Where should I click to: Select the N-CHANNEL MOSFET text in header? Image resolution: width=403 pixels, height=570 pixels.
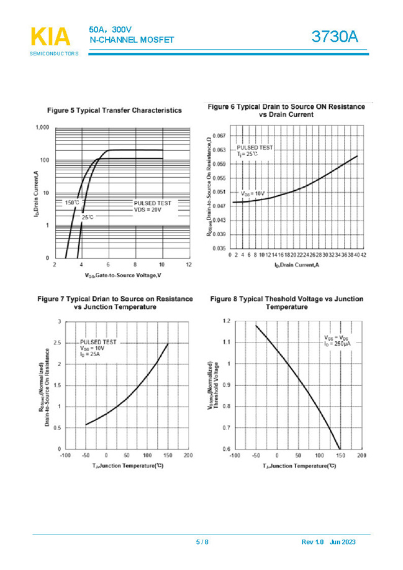click(132, 40)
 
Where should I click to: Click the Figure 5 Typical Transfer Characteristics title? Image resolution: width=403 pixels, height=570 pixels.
click(114, 110)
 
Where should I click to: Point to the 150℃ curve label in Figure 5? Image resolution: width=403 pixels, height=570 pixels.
click(71, 203)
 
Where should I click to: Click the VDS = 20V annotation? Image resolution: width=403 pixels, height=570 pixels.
click(148, 210)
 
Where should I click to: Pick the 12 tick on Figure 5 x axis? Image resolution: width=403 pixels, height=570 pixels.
click(189, 265)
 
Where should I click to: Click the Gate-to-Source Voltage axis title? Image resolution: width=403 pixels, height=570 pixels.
click(123, 275)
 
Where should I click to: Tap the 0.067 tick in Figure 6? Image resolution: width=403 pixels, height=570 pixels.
click(218, 135)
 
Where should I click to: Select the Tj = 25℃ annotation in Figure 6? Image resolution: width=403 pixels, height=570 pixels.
click(247, 153)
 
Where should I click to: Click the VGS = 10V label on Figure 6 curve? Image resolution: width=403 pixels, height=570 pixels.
click(253, 194)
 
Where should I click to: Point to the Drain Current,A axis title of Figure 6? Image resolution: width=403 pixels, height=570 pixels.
click(296, 265)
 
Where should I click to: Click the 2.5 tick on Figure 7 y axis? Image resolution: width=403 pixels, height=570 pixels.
click(57, 343)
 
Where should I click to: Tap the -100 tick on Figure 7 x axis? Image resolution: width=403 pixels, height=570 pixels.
click(65, 456)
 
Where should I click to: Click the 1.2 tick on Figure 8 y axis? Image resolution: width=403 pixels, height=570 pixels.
click(226, 321)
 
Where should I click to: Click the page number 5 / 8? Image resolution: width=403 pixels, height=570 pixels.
click(202, 542)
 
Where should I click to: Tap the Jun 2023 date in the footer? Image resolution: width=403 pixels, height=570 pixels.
click(343, 542)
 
